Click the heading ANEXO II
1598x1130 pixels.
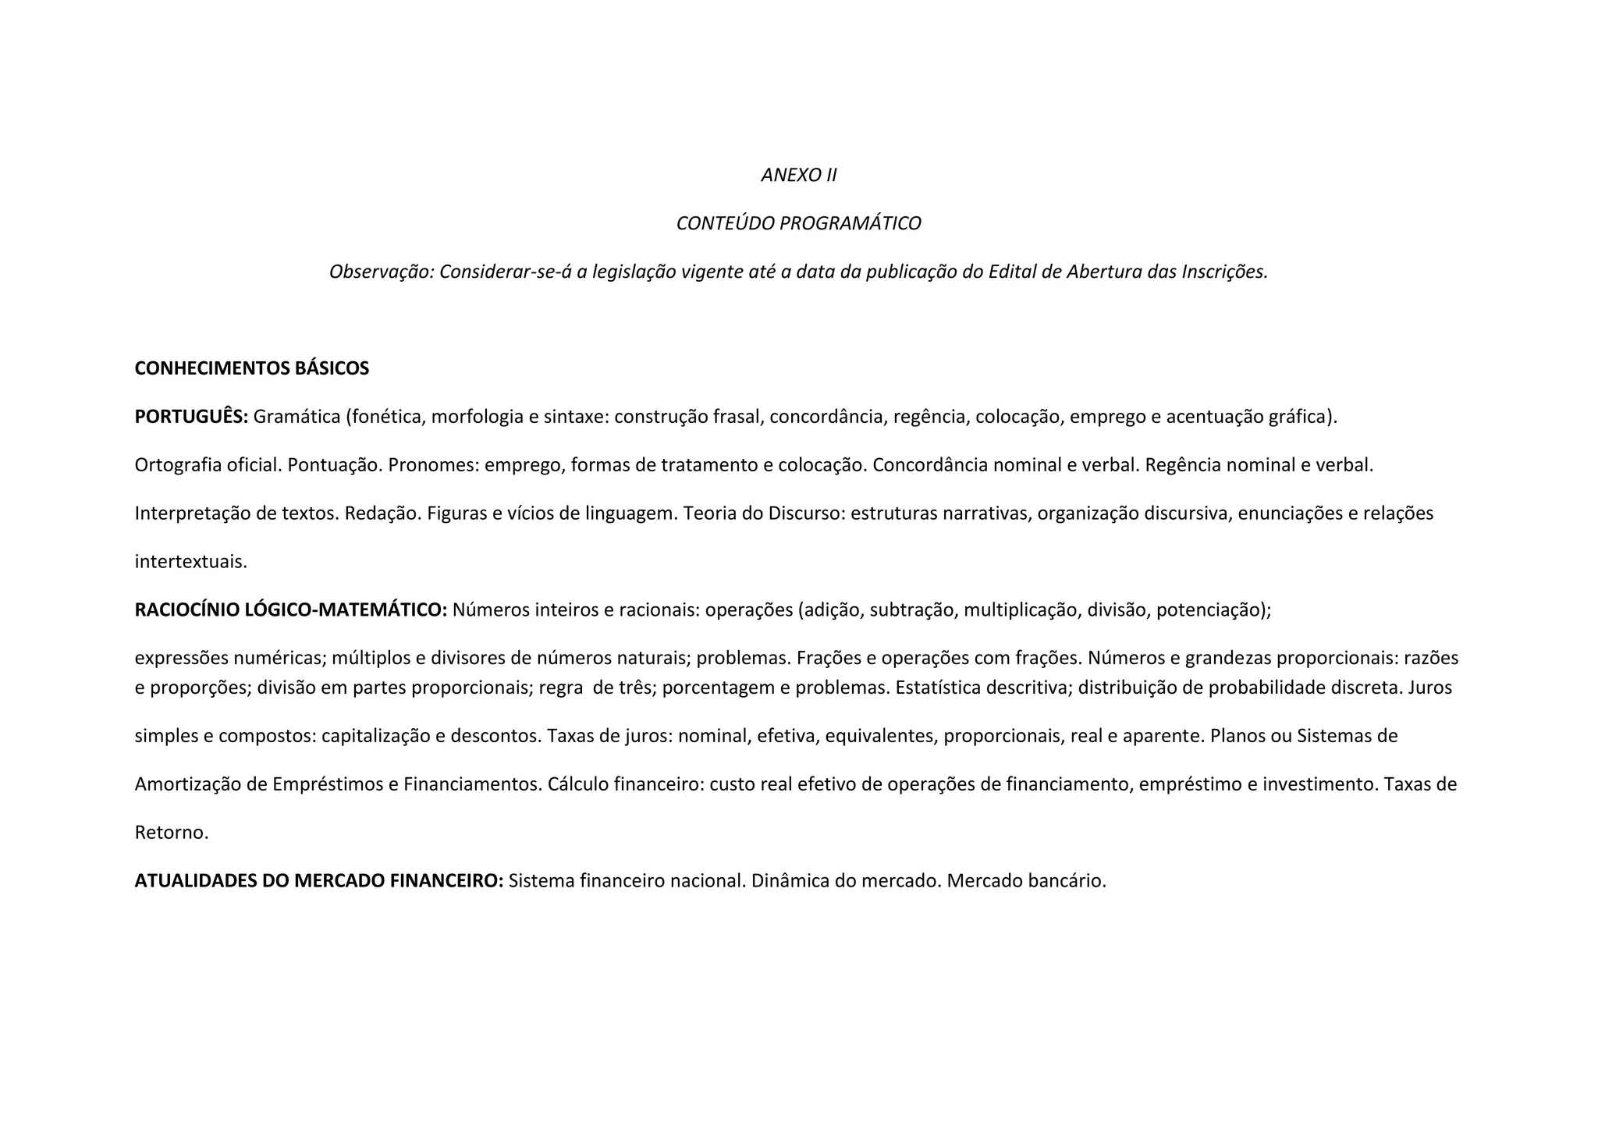click(798, 175)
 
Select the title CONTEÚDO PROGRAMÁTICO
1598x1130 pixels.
click(798, 223)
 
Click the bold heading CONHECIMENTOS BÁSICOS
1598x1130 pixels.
click(251, 368)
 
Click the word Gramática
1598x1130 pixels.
click(297, 417)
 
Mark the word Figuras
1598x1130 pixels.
click(455, 513)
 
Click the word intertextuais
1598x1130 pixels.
click(190, 562)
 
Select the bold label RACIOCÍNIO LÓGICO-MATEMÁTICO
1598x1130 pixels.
click(290, 610)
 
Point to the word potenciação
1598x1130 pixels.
click(1213, 610)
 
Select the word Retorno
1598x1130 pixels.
click(172, 833)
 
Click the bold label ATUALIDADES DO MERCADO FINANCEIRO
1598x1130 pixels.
click(318, 881)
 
